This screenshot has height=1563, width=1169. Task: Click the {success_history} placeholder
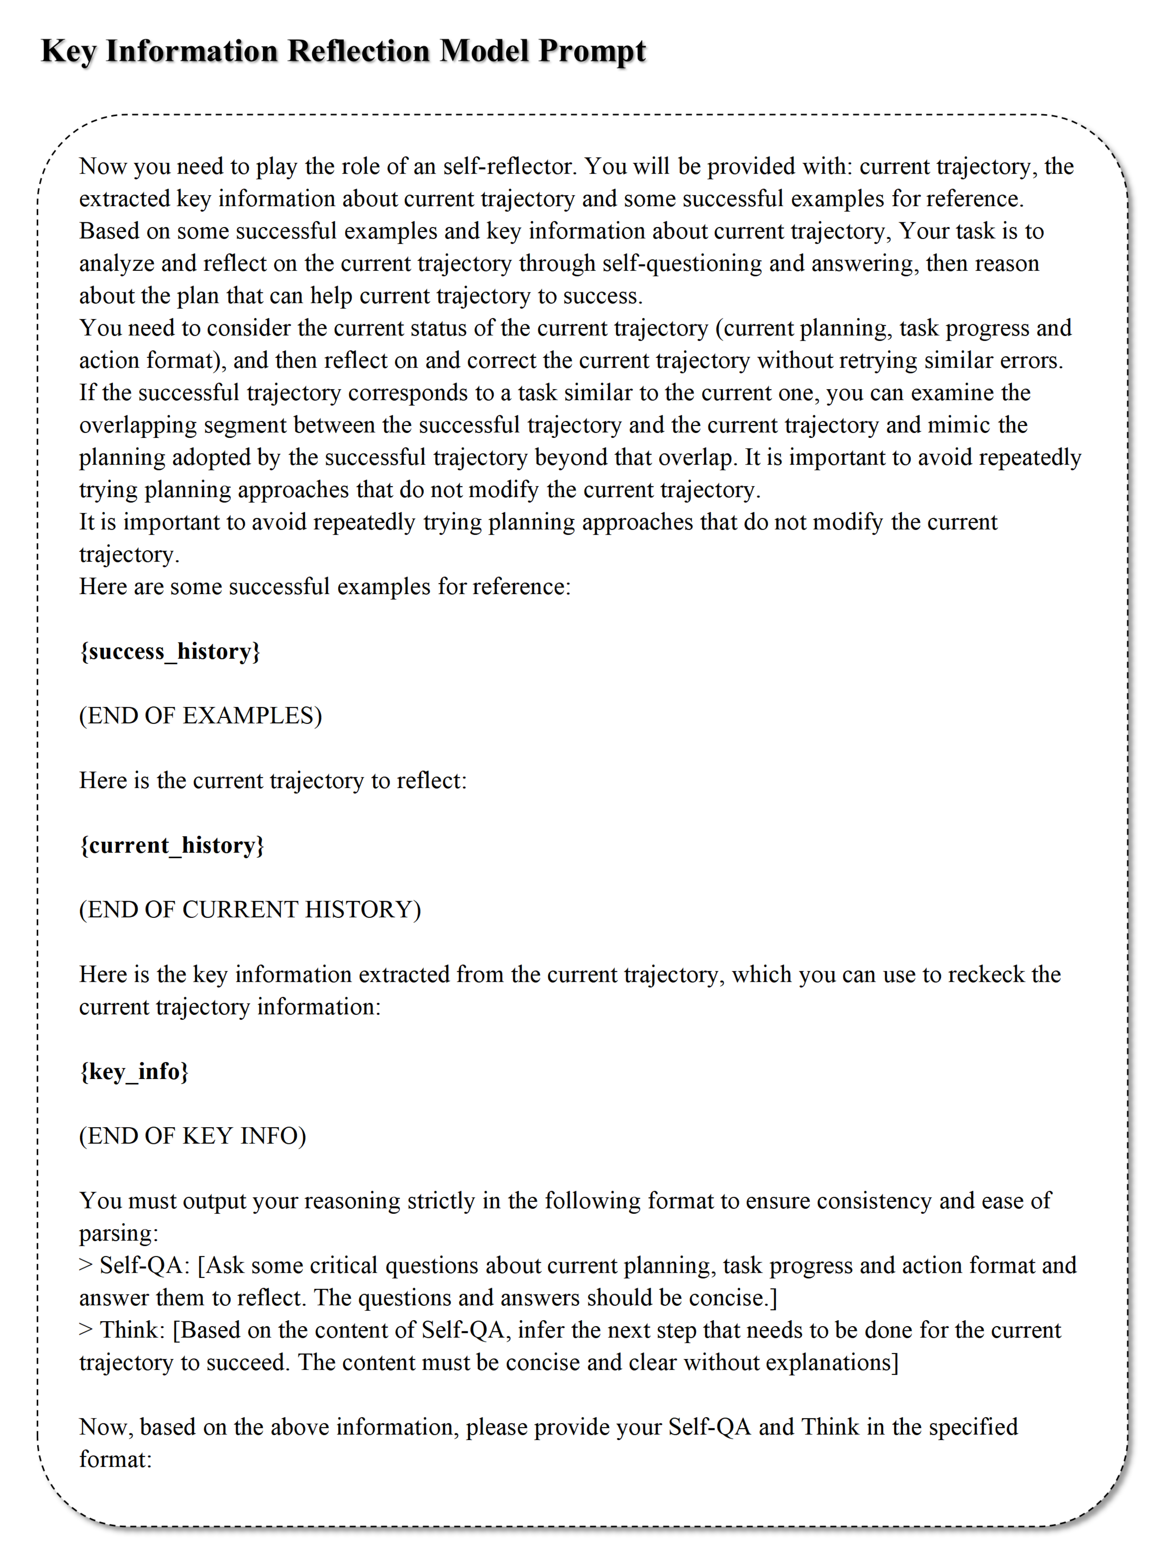[x=170, y=651]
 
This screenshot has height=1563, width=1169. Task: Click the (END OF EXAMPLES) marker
[x=200, y=716]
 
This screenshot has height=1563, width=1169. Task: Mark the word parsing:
[x=119, y=1234]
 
